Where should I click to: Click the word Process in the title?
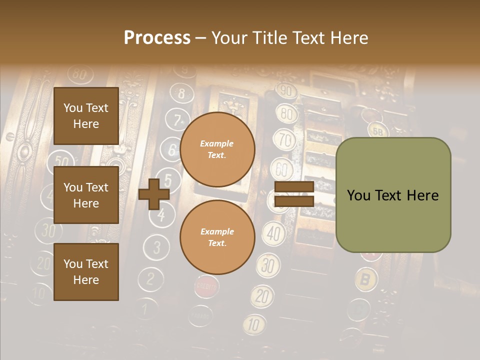157,38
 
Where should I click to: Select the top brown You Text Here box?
86,116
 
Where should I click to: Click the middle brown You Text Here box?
86,195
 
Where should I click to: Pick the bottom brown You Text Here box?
86,271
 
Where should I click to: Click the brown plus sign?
154,194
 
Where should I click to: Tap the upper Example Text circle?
217,149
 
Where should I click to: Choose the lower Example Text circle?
217,237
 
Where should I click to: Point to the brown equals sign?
294,194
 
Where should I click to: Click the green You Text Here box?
393,195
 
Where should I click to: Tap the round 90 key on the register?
286,91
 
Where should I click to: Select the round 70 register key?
285,139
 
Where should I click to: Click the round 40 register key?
273,233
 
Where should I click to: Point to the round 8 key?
181,93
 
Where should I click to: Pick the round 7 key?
177,120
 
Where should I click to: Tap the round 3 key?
157,247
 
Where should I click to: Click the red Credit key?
205,286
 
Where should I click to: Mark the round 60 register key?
282,170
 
